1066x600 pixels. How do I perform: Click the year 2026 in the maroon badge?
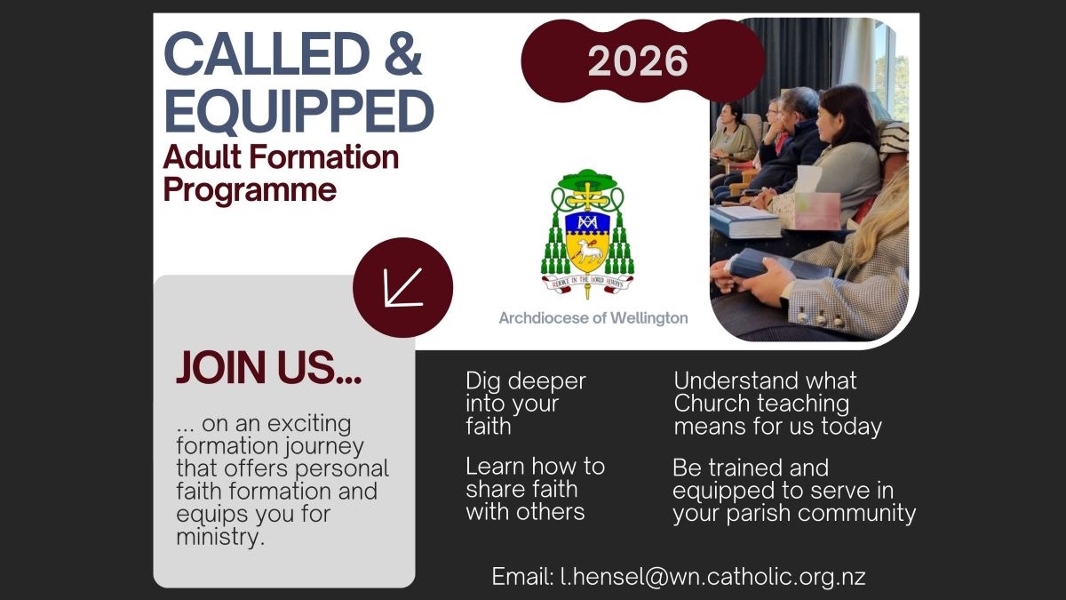638,60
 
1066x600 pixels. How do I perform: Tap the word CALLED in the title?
267,53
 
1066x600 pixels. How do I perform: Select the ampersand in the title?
403,53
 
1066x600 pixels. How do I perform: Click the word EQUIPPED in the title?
298,111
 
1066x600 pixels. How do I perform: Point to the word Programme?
250,190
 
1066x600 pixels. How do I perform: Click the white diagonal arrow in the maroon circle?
403,287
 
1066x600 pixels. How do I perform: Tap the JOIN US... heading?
269,368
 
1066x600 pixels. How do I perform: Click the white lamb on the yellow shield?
589,251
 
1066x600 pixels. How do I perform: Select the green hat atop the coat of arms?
588,179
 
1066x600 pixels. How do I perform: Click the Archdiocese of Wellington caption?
593,317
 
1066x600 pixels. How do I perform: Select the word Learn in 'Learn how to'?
490,466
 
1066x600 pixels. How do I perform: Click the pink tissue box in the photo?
816,211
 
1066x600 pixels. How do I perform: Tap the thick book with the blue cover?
745,221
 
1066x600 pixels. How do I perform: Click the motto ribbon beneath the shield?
588,283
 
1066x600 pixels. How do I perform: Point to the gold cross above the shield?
588,196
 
